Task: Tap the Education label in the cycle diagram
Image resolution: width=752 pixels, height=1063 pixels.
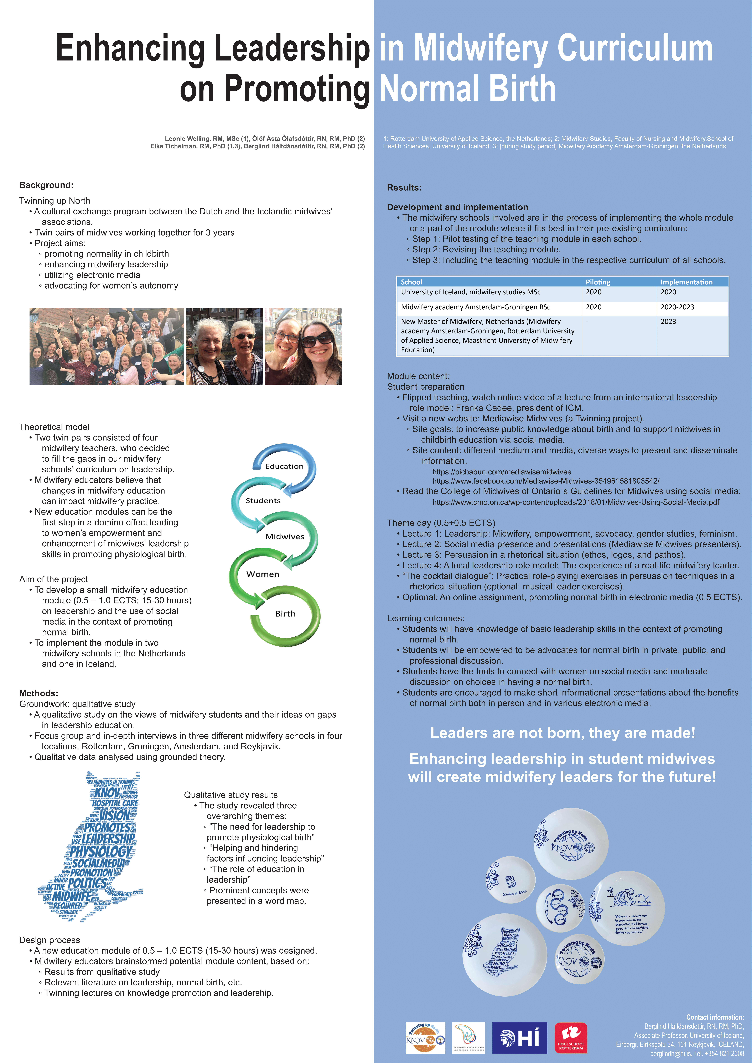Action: coord(284,466)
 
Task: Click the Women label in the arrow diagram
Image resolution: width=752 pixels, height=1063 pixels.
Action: coord(263,574)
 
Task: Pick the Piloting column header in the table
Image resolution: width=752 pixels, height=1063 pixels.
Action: coord(598,282)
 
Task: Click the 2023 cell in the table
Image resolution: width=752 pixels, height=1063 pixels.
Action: coord(668,321)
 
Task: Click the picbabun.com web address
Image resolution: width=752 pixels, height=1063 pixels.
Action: coord(502,472)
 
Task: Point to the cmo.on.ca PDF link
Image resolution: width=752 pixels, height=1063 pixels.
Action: coord(576,502)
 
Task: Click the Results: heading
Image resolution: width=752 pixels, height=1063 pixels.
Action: coord(404,188)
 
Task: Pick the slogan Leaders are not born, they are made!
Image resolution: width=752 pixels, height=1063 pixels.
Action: coord(563,733)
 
